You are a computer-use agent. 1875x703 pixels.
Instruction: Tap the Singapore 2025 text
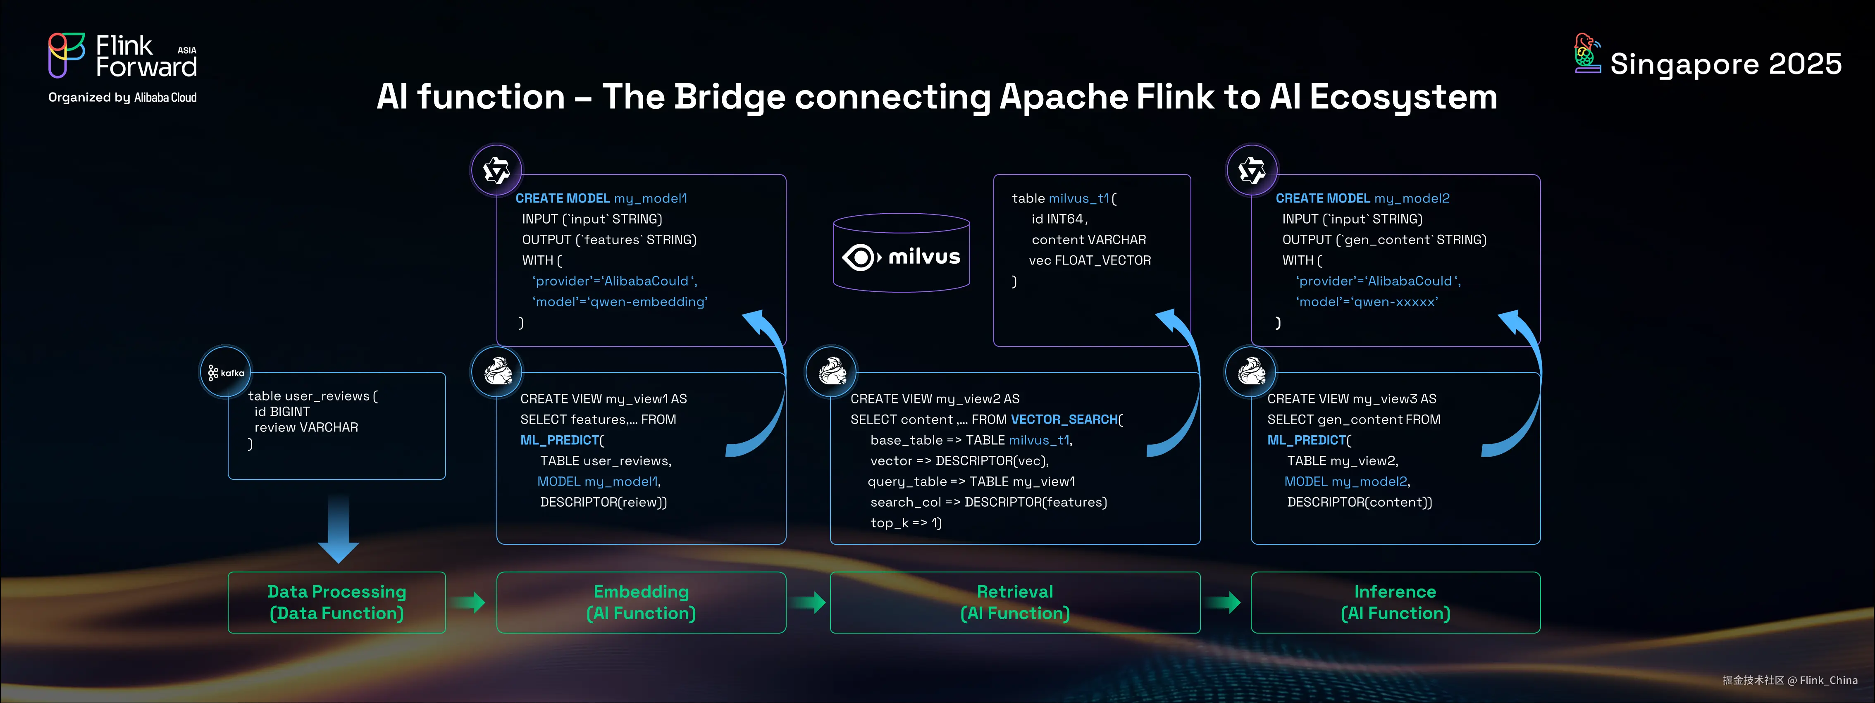point(1725,64)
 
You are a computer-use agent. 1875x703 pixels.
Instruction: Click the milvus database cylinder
point(901,253)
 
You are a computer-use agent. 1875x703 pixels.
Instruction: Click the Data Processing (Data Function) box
point(336,603)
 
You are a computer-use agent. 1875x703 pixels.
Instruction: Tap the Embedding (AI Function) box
point(641,603)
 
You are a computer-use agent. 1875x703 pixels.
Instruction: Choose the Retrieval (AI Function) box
point(1015,603)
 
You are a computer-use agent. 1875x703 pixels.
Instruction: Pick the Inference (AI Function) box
point(1395,603)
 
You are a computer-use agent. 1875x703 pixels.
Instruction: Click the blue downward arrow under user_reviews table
point(339,528)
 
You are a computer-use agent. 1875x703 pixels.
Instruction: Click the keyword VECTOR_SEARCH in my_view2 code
point(1064,419)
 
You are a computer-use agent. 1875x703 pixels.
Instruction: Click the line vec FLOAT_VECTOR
point(1090,260)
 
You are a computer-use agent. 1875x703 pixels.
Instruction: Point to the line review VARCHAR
point(306,427)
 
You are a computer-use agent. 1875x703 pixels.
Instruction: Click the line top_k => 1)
point(906,522)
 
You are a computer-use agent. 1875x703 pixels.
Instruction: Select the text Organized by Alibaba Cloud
point(122,98)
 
